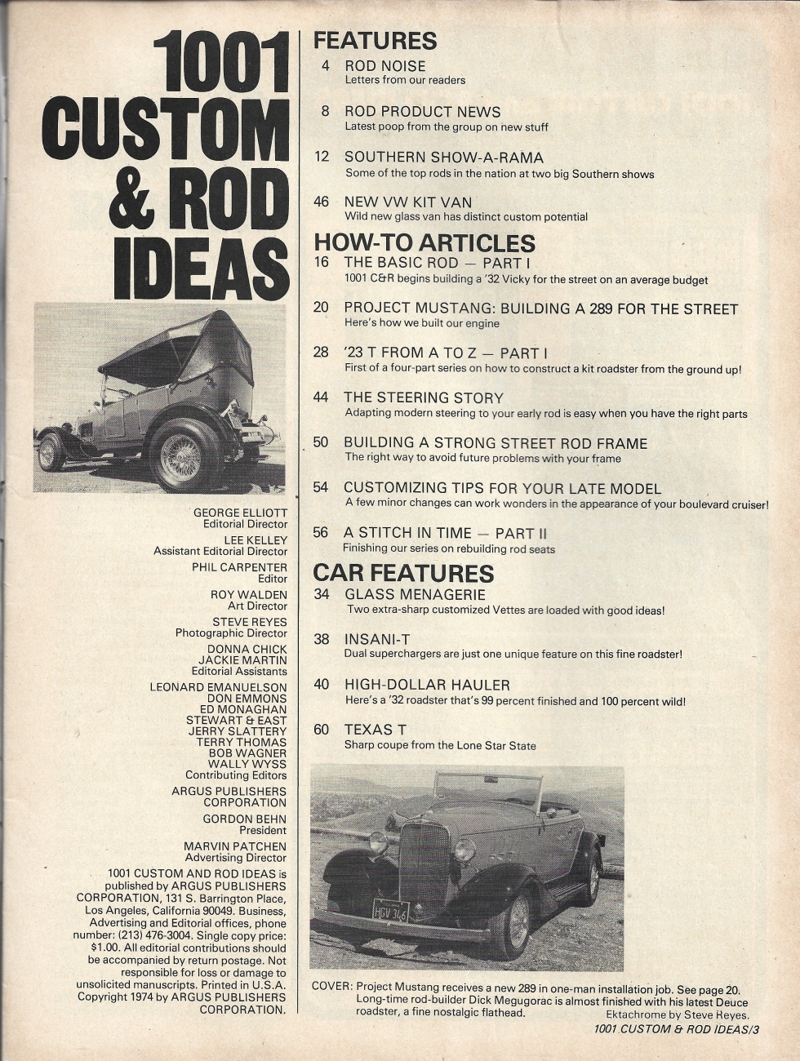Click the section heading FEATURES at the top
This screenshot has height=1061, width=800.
point(376,40)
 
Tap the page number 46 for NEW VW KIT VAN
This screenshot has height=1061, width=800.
point(322,202)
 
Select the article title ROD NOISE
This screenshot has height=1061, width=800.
point(385,66)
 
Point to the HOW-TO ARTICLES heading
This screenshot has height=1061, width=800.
point(424,242)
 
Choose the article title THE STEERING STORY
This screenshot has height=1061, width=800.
point(424,397)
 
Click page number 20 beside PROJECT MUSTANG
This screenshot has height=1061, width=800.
point(321,309)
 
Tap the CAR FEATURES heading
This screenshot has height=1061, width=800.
point(403,573)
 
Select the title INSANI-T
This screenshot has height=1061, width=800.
point(381,639)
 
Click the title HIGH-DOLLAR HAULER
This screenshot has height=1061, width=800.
point(427,685)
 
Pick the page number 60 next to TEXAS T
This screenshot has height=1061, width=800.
point(321,730)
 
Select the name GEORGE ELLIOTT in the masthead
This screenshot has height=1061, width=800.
point(240,513)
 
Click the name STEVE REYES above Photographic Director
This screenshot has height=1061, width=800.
point(250,622)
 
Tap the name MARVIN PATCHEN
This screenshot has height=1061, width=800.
point(235,846)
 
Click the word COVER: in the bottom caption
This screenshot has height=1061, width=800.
point(332,986)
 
